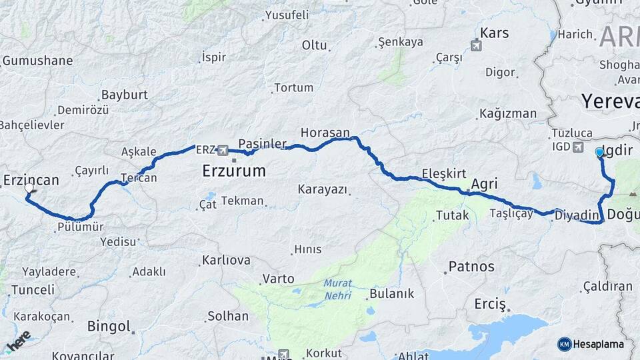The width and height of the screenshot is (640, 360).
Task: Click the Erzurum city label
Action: point(233,171)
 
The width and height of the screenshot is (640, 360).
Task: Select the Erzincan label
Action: point(31,180)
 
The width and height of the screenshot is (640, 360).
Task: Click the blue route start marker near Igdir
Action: point(599,153)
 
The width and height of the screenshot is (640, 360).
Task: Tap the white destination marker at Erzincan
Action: point(29,189)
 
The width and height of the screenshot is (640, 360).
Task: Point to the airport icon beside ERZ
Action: point(222,150)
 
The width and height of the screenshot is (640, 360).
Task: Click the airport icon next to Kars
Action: point(475,45)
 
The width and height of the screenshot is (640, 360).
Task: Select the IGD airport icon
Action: point(577,147)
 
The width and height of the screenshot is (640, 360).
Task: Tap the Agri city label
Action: point(484,184)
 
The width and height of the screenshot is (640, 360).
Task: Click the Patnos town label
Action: point(471,267)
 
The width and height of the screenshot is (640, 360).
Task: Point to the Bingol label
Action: point(109,326)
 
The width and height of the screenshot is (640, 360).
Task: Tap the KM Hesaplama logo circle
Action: point(565,344)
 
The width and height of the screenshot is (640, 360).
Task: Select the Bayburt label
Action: point(124,95)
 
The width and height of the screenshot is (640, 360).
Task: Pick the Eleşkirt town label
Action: point(443,173)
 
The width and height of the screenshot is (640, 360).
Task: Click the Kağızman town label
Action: point(507,113)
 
